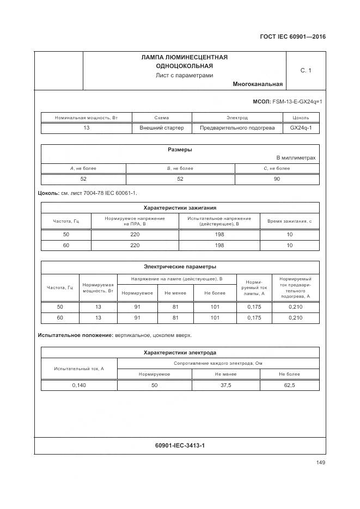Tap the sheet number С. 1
pos(306,70)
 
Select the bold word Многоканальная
pos(258,84)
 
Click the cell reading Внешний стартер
pos(162,128)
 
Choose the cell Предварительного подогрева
pos(237,128)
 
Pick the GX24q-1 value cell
pos(301,128)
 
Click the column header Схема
pos(162,118)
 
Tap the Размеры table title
pos(180,150)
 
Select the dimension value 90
pos(277,179)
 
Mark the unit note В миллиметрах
pos(296,158)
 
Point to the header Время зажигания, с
pos(289,221)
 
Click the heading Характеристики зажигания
pos(180,207)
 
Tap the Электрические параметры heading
pos(180,267)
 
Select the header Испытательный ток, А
pos(79,369)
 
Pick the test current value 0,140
pos(79,385)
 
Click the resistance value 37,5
pos(225,385)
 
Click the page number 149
pos(320,463)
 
